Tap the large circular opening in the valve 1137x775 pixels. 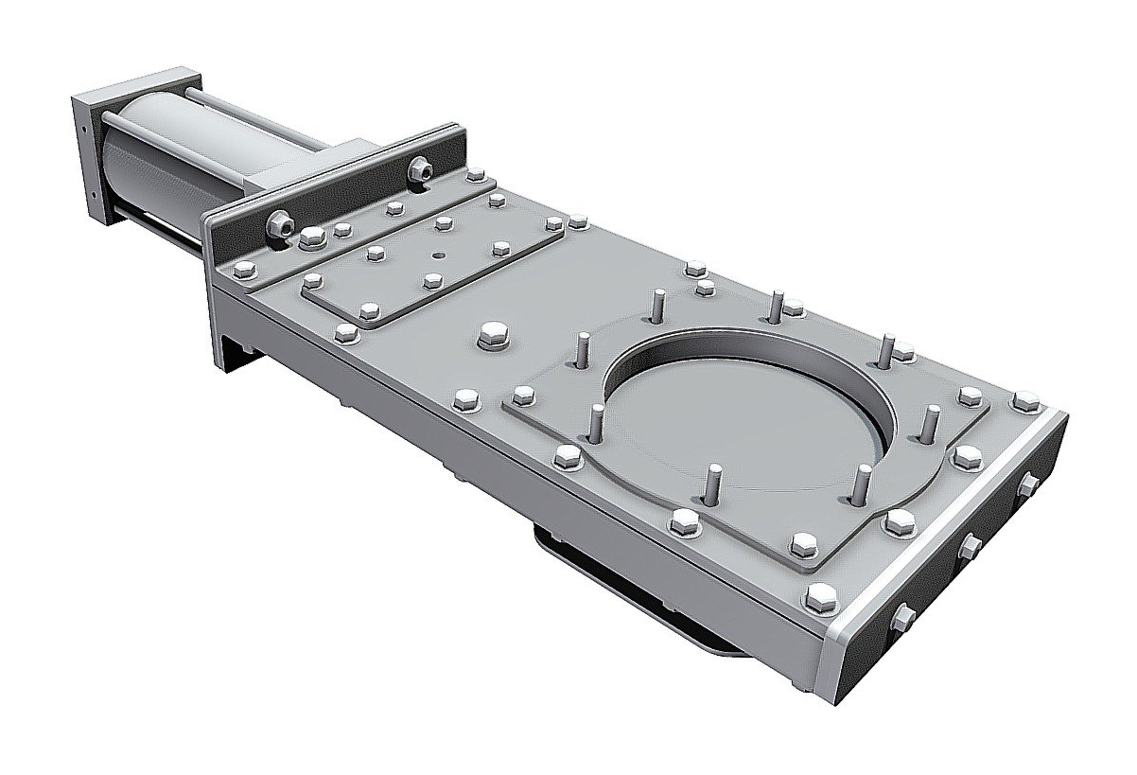(747, 407)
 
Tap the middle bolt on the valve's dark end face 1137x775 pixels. (970, 544)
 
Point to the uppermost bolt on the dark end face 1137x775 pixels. (1027, 486)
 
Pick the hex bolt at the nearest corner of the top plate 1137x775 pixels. (819, 596)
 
